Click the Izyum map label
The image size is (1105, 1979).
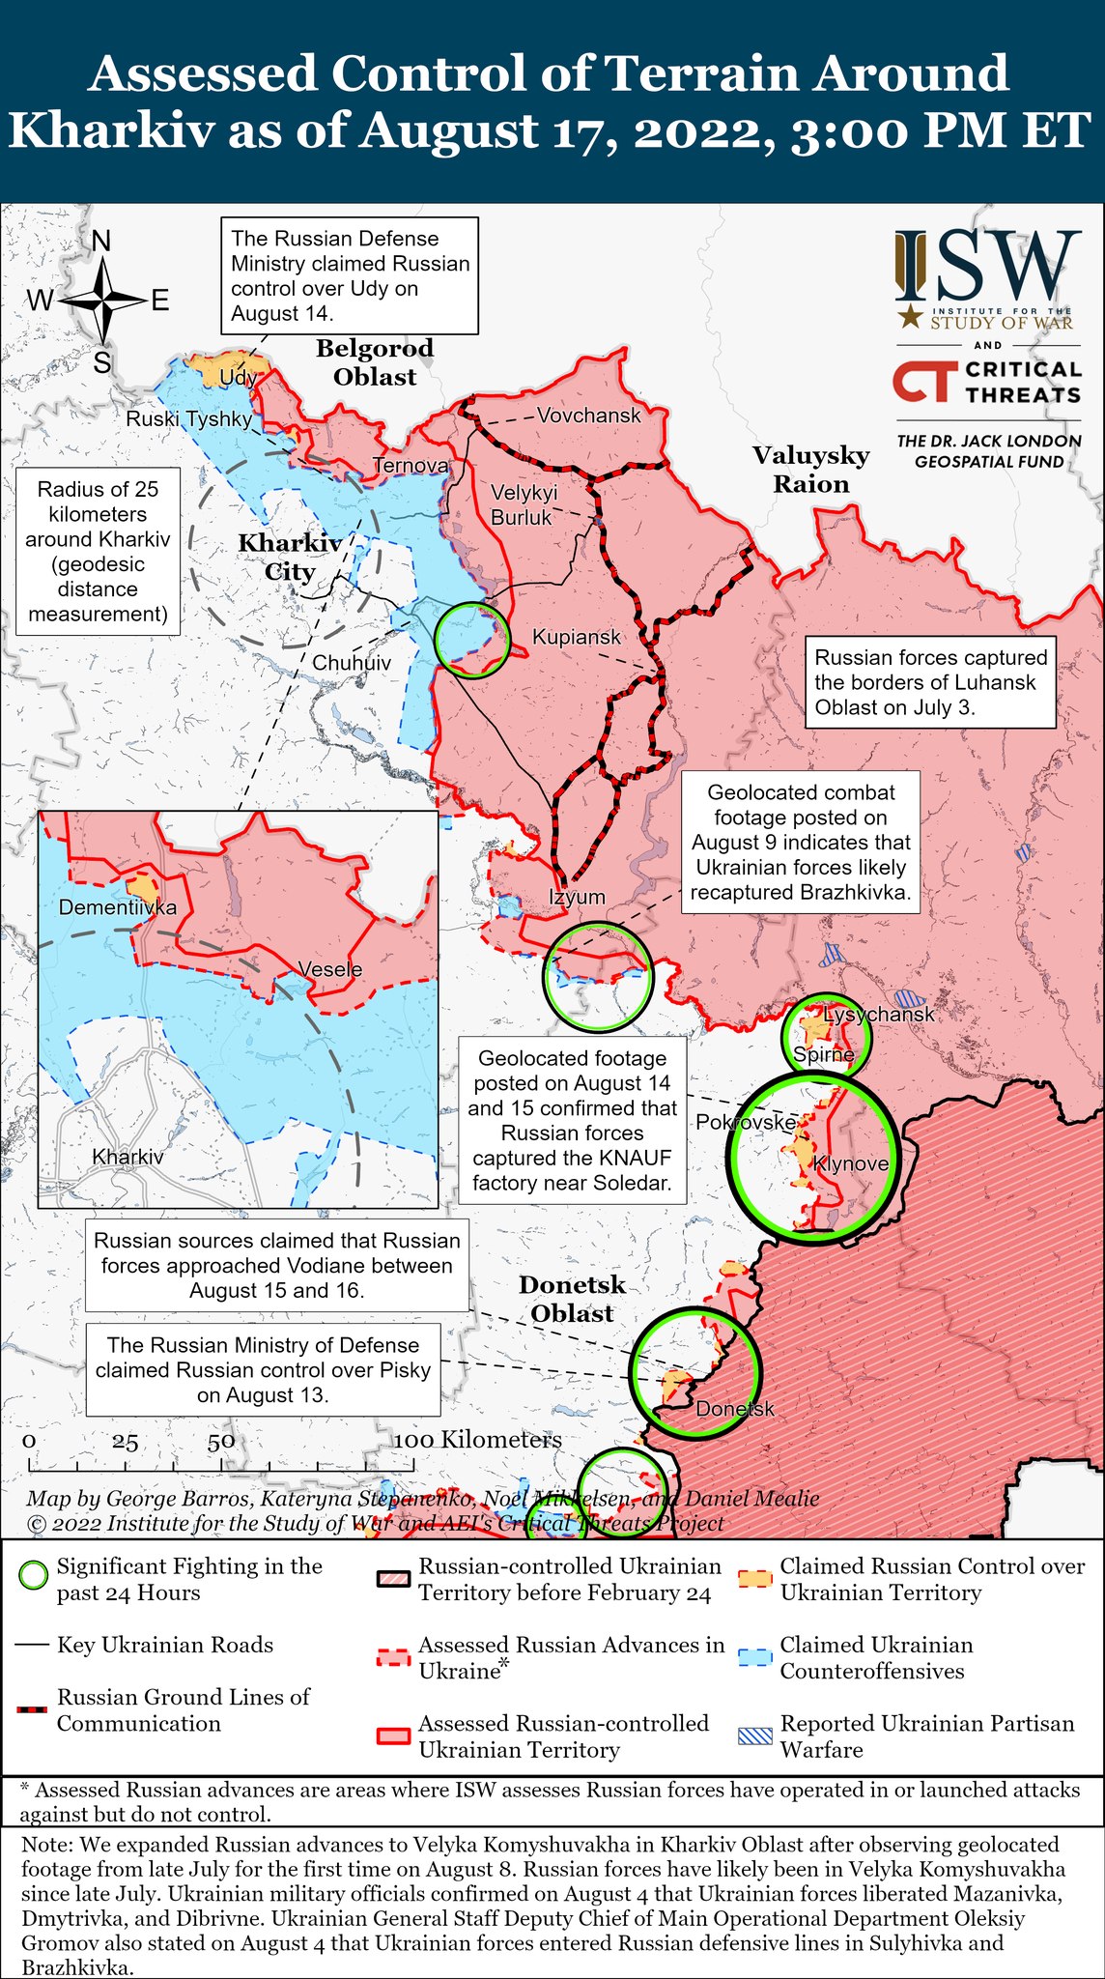pyautogui.click(x=577, y=897)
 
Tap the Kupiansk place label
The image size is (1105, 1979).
pyautogui.click(x=577, y=638)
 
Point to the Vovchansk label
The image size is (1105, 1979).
pyautogui.click(x=588, y=416)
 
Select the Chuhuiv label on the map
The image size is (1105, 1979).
pyautogui.click(x=352, y=663)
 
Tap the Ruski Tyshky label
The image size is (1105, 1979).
pyautogui.click(x=188, y=418)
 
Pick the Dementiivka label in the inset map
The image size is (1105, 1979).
pyautogui.click(x=118, y=907)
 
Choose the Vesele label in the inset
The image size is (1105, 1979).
pyautogui.click(x=330, y=969)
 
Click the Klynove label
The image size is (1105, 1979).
pyautogui.click(x=851, y=1164)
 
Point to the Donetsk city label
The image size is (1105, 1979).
pyautogui.click(x=735, y=1409)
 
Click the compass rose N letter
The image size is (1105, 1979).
pyautogui.click(x=100, y=241)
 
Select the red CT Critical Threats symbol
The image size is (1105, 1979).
pyautogui.click(x=923, y=382)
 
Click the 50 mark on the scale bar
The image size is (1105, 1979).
pyautogui.click(x=220, y=1441)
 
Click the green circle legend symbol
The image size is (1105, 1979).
pyautogui.click(x=34, y=1576)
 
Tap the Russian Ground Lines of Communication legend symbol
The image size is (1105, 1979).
pyautogui.click(x=34, y=1710)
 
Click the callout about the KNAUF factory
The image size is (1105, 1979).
pyautogui.click(x=572, y=1121)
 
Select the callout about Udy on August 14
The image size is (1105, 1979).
pyautogui.click(x=350, y=275)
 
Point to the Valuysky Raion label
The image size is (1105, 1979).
pyautogui.click(x=810, y=470)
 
